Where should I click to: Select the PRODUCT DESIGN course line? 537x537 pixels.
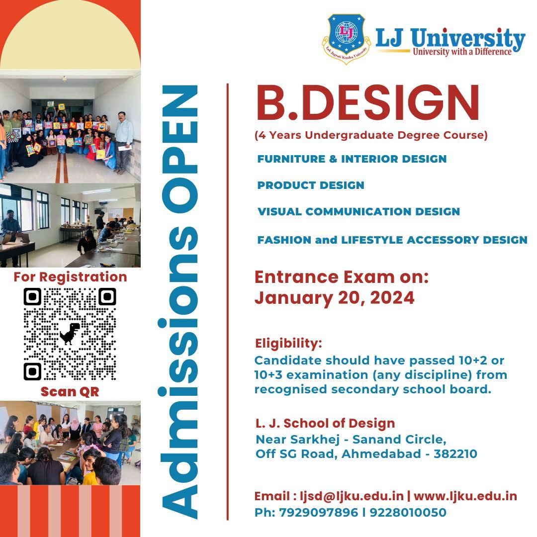click(x=311, y=185)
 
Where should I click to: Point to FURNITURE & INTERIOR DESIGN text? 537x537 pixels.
click(x=352, y=159)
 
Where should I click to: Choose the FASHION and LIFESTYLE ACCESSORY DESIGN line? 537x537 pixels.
click(x=392, y=240)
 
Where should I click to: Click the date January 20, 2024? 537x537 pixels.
click(x=334, y=297)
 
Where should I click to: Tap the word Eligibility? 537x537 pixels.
click(x=288, y=343)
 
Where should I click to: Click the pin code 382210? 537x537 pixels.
click(x=455, y=453)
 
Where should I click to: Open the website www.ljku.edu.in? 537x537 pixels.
click(x=465, y=496)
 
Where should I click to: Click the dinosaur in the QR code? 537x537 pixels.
click(x=70, y=334)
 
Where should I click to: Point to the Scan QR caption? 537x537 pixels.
click(x=70, y=392)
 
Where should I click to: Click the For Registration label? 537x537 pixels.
click(x=70, y=276)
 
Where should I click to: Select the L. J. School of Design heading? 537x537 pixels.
click(x=325, y=424)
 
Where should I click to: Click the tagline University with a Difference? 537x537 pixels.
click(x=462, y=52)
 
